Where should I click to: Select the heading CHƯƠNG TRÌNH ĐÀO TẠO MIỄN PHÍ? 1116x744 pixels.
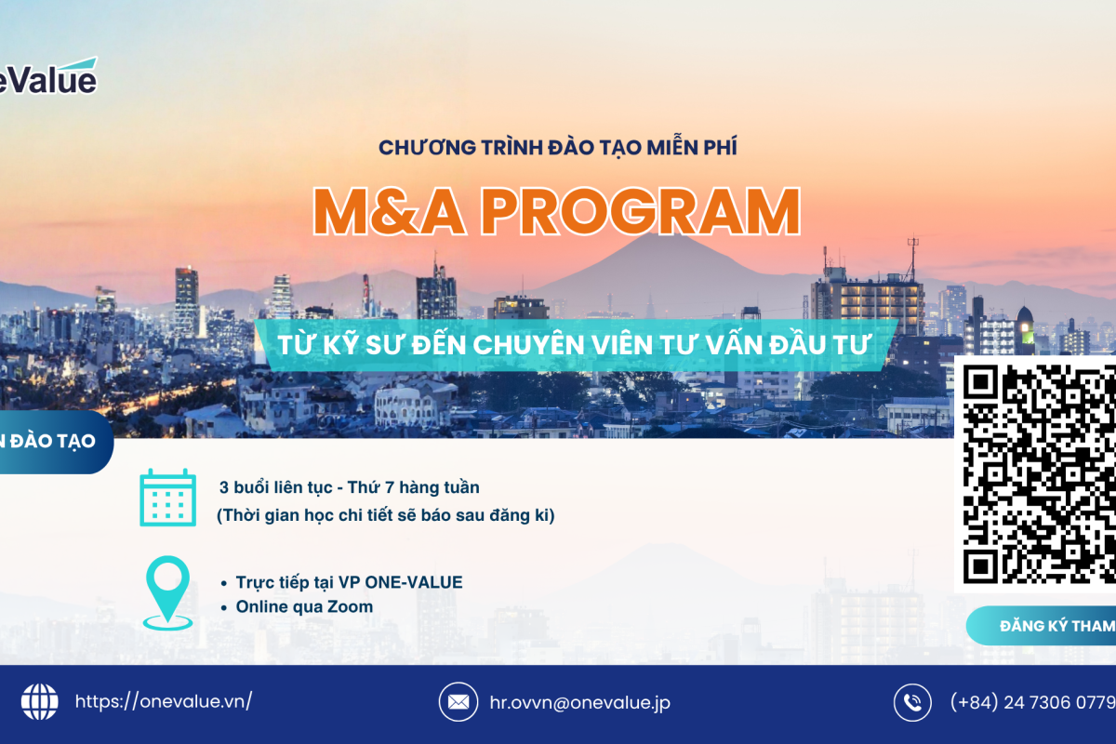(558, 147)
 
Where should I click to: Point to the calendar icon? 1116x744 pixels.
(167, 498)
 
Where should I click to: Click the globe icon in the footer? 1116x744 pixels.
(39, 702)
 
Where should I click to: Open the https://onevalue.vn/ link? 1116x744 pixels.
(163, 702)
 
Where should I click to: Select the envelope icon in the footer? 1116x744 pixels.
(457, 702)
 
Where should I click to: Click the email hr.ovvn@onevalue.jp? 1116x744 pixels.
(579, 702)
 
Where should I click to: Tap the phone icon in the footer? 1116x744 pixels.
(912, 702)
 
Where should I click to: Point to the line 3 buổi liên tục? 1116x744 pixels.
(350, 486)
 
